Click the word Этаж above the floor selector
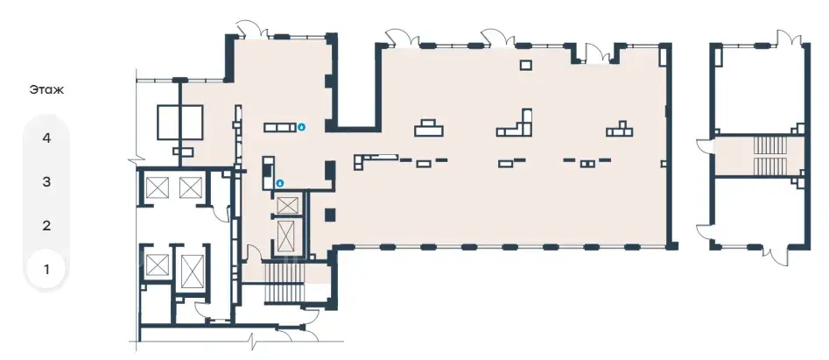click(46, 90)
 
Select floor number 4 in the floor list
click(46, 138)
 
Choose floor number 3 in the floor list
click(46, 182)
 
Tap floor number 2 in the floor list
click(46, 226)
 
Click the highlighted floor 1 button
click(46, 270)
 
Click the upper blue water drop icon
click(301, 127)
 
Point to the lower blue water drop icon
click(279, 183)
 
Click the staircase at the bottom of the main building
click(284, 283)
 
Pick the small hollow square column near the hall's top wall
click(525, 65)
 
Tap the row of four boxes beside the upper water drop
click(279, 127)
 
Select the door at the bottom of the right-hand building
click(780, 254)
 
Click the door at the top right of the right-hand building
click(788, 37)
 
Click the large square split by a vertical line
click(180, 122)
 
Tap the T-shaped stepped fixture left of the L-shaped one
click(429, 128)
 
